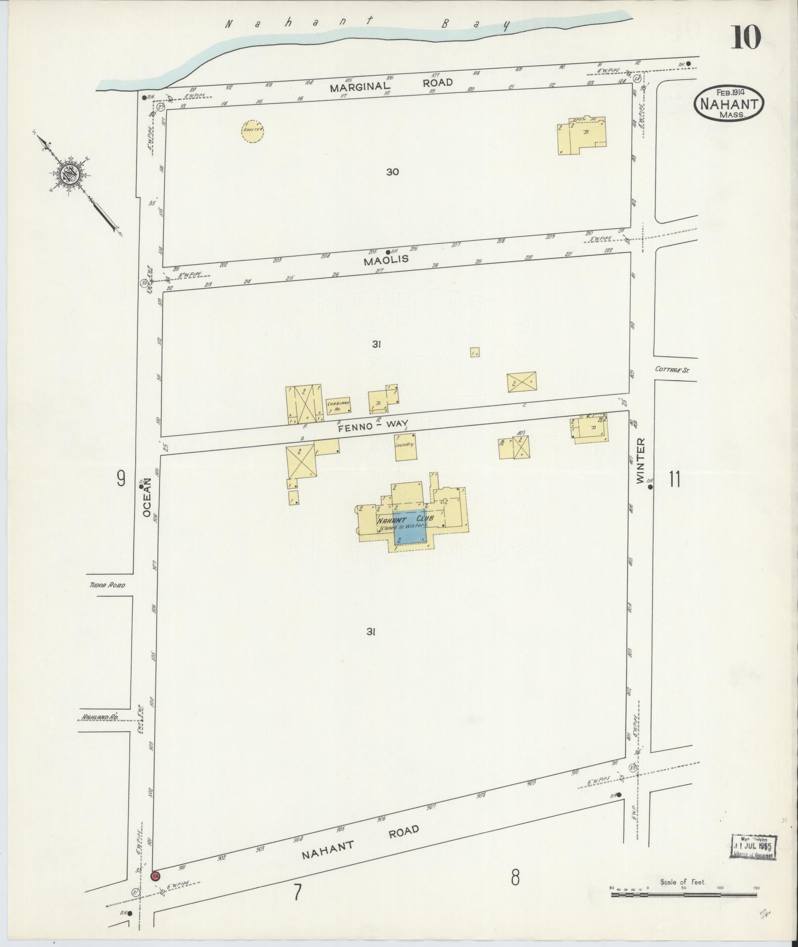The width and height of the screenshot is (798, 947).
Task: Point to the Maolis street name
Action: click(x=386, y=260)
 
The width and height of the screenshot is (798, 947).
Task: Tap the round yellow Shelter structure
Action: click(x=253, y=130)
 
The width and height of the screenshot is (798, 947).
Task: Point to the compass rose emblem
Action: click(x=73, y=173)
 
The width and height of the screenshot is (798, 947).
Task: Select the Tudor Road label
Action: click(x=107, y=585)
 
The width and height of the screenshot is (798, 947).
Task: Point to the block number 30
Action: click(x=393, y=172)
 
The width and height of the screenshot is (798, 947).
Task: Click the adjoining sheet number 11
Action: click(x=674, y=479)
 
